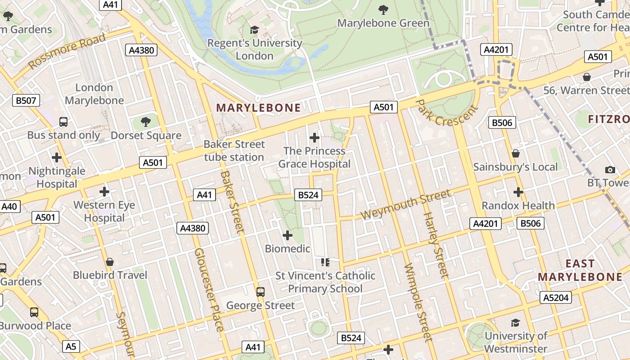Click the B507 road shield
point(26,100)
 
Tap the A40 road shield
point(9,207)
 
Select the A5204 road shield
point(556,297)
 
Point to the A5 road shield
point(71,346)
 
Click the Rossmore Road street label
point(67,51)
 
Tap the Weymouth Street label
point(405,205)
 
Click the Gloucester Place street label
point(209,290)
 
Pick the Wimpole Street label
point(418,303)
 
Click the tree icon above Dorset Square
point(145,121)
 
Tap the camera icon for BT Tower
point(610,170)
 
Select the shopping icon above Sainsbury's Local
point(516,154)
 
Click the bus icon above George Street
point(261,292)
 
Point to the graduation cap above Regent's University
point(255,30)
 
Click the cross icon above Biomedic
point(287,235)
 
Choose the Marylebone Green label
point(383,22)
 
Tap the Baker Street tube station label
point(234,151)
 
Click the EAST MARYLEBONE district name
point(580,270)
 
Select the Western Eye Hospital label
point(104,211)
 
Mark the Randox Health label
point(518,206)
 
